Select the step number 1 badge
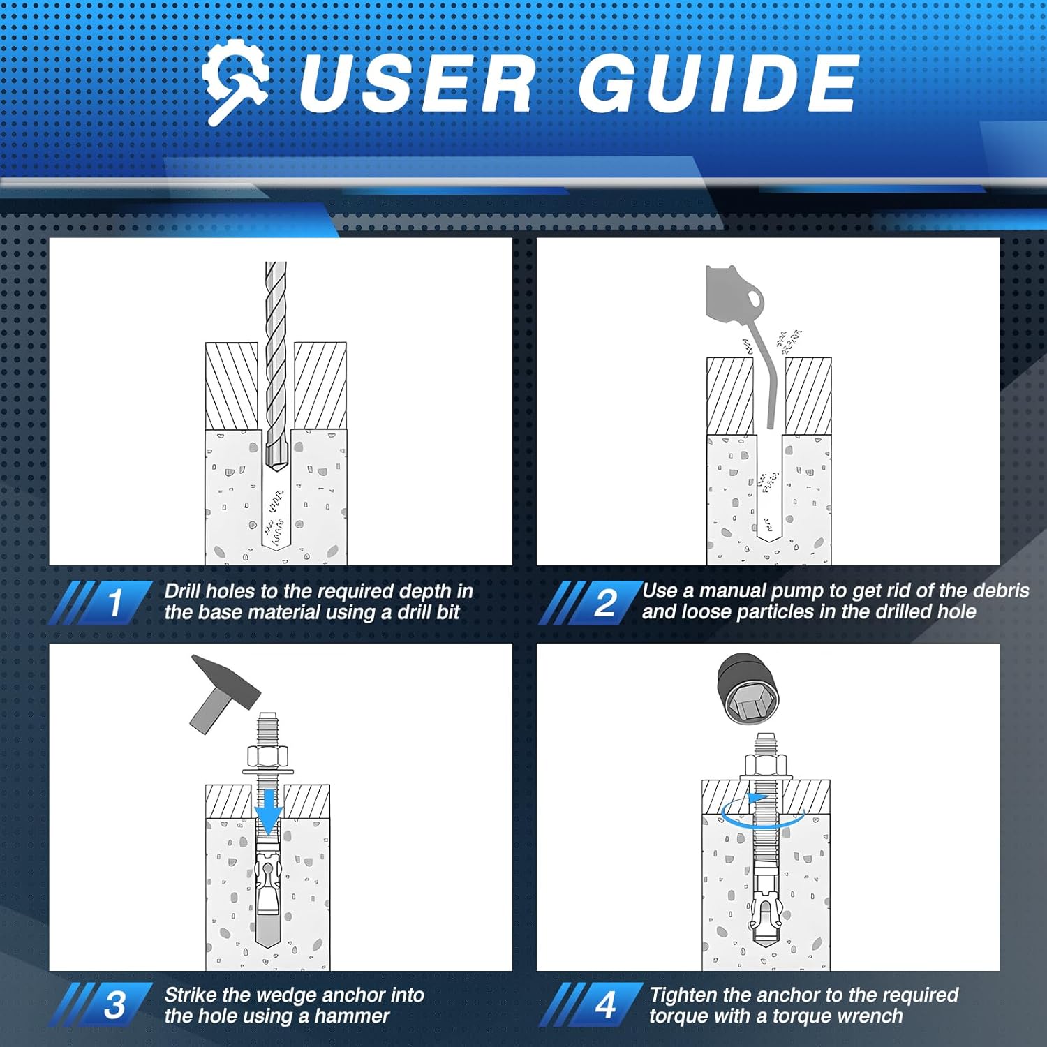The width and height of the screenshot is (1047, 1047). [115, 602]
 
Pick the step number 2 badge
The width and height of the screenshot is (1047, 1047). [605, 602]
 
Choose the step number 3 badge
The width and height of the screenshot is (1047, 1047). [115, 1005]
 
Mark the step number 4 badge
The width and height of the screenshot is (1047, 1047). [605, 1005]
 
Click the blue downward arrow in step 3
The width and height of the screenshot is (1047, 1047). [268, 810]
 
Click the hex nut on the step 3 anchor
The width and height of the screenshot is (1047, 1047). [267, 756]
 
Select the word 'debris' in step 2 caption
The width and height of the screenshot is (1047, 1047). [1001, 591]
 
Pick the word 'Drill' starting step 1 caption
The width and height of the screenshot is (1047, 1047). [182, 591]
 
